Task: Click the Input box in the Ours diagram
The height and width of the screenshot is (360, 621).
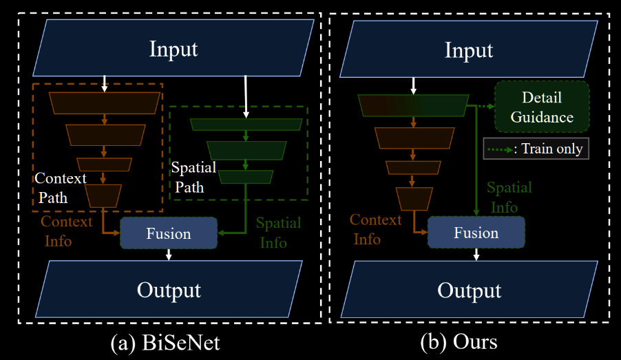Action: click(x=469, y=50)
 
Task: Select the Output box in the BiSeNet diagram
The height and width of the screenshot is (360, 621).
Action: click(x=169, y=289)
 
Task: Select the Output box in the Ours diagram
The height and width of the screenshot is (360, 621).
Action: click(x=469, y=289)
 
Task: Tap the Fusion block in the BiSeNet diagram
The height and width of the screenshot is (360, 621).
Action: click(x=169, y=233)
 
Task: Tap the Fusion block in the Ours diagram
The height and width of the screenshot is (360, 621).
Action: click(x=476, y=233)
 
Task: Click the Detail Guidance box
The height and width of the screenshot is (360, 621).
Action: click(x=542, y=107)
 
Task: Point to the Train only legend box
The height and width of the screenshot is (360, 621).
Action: click(x=536, y=149)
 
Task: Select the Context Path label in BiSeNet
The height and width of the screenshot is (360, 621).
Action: click(x=61, y=187)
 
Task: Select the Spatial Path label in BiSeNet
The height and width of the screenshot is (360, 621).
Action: click(x=193, y=177)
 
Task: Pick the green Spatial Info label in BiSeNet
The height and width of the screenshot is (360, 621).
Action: click(x=278, y=233)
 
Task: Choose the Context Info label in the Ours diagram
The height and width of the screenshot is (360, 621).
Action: click(x=375, y=229)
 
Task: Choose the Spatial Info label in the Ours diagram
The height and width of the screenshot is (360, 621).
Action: click(x=509, y=197)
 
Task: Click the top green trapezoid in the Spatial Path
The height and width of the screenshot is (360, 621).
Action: click(x=246, y=125)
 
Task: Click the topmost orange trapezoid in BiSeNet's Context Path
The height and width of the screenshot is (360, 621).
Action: click(x=105, y=103)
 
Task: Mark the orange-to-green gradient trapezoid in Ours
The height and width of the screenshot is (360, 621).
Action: click(x=413, y=105)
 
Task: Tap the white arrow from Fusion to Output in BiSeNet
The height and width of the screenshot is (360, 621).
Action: click(x=169, y=255)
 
